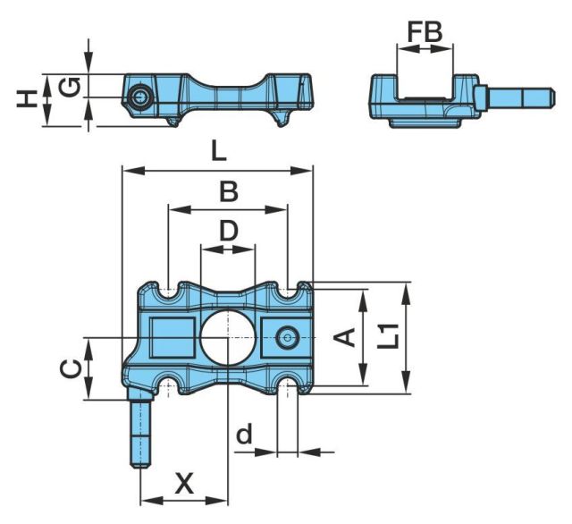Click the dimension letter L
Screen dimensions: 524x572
(x=217, y=151)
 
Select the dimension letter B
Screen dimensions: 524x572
(x=229, y=191)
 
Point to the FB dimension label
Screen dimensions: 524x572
(x=424, y=32)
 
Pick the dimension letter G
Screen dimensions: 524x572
(x=71, y=87)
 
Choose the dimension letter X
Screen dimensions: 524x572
(x=184, y=484)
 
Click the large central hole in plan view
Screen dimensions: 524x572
(x=228, y=337)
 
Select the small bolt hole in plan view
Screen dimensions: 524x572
(x=287, y=337)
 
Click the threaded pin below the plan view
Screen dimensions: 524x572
(x=142, y=434)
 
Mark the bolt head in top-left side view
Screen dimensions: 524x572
(x=139, y=97)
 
